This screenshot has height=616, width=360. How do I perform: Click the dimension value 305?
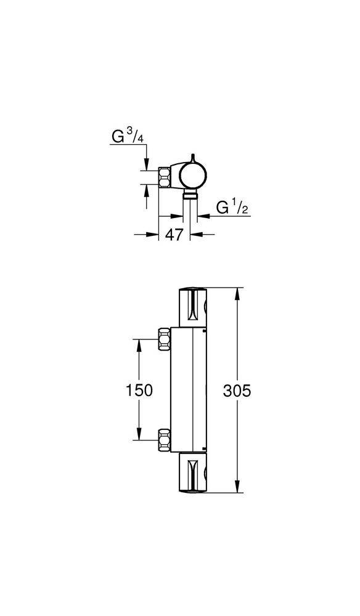pyautogui.click(x=237, y=391)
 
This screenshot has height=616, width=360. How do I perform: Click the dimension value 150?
pyautogui.click(x=139, y=391)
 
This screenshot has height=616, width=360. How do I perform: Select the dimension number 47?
pyautogui.click(x=174, y=235)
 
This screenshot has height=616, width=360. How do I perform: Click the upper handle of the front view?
pyautogui.click(x=192, y=307)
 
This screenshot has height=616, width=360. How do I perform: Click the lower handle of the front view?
pyautogui.click(x=192, y=472)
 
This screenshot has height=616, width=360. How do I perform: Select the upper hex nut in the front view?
pyautogui.click(x=164, y=339)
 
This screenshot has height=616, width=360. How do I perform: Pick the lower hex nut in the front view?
pyautogui.click(x=164, y=440)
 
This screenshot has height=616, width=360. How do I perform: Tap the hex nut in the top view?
pyautogui.click(x=164, y=177)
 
